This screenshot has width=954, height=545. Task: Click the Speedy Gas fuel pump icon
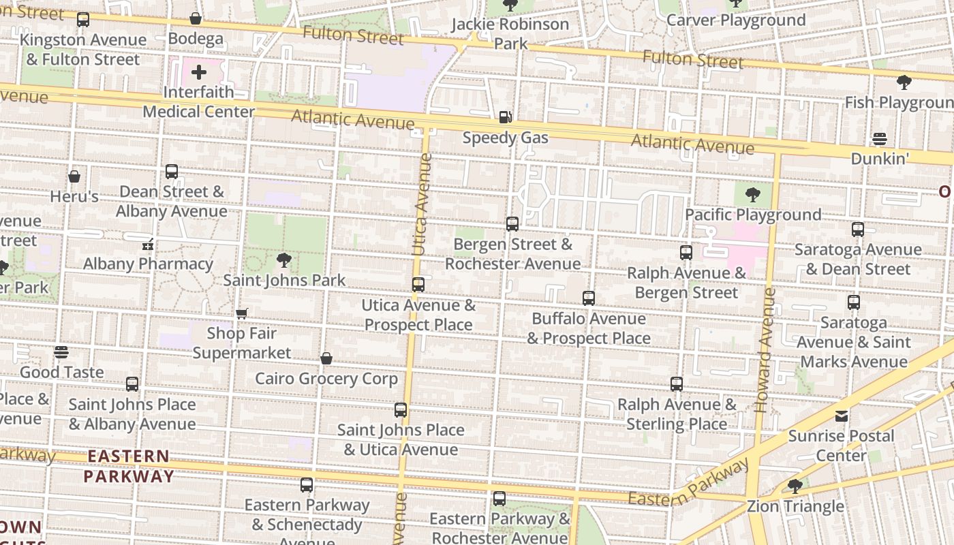(x=505, y=117)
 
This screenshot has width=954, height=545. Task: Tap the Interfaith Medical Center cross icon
(x=199, y=72)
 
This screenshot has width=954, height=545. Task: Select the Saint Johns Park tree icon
(x=283, y=260)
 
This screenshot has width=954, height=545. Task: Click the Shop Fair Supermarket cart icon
(x=242, y=313)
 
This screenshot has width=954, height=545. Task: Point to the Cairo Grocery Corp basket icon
(x=326, y=358)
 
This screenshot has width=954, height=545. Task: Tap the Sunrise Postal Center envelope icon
(x=842, y=416)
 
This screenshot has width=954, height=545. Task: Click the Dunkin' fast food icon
(x=880, y=139)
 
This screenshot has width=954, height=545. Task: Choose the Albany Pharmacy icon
(x=148, y=244)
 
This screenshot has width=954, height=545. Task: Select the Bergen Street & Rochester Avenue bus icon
(x=512, y=223)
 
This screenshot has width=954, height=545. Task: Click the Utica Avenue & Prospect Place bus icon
(x=418, y=285)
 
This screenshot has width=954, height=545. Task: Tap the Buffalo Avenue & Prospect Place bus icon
(x=589, y=298)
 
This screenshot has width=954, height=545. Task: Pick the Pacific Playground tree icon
(x=753, y=195)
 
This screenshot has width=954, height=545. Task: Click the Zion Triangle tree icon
(x=795, y=486)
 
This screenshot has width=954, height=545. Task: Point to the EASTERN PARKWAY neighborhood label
(x=129, y=466)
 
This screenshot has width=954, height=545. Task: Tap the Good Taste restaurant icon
(x=61, y=352)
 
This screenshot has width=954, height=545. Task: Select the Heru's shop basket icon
(x=74, y=177)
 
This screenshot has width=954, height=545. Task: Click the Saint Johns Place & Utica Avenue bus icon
(x=401, y=410)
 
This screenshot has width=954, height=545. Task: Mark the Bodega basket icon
(x=196, y=19)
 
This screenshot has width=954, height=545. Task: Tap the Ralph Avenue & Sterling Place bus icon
(x=677, y=384)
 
